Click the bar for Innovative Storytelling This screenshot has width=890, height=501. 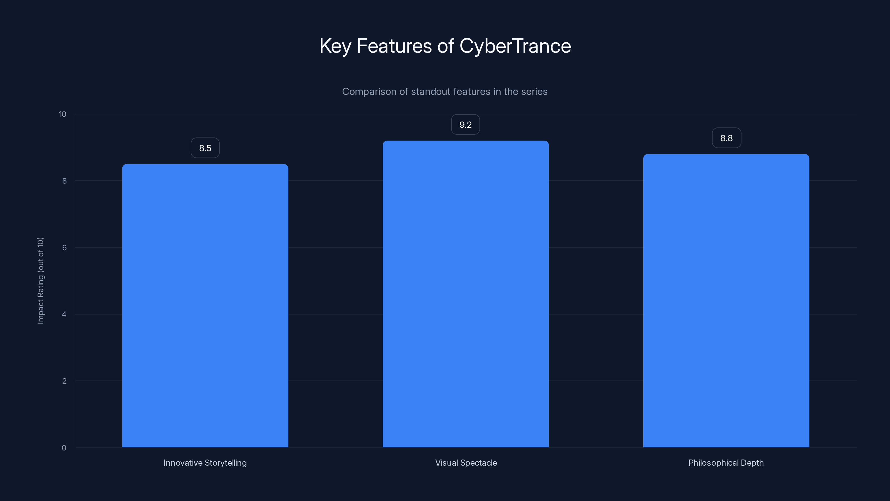(205, 306)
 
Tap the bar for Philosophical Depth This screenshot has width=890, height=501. (726, 301)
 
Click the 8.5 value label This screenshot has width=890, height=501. (205, 148)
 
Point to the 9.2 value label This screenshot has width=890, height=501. (465, 124)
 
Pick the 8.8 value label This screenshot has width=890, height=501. (726, 138)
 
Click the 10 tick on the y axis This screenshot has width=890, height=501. (63, 114)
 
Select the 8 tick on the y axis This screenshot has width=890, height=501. (64, 181)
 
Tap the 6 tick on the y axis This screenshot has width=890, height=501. (64, 247)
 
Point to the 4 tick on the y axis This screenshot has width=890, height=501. (64, 314)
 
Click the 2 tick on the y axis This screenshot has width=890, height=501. (64, 381)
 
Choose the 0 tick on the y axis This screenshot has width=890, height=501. (64, 448)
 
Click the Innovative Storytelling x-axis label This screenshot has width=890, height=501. (205, 463)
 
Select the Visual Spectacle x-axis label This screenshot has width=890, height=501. (466, 463)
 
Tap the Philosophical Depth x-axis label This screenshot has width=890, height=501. (726, 463)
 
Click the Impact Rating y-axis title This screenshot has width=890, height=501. (41, 280)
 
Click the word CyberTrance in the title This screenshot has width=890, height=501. (515, 46)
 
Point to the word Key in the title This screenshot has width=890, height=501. (335, 46)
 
